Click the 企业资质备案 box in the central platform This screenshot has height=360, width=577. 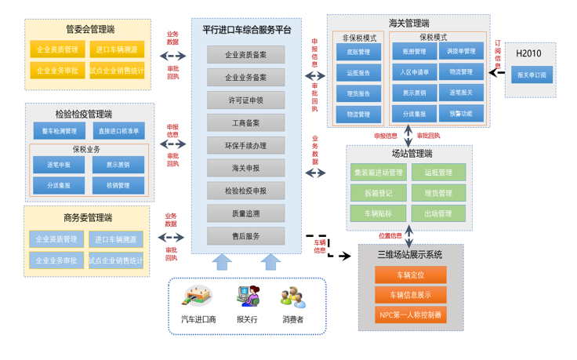pyautogui.click(x=246, y=55)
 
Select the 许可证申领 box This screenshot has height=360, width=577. pyautogui.click(x=246, y=100)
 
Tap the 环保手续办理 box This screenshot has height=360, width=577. pyautogui.click(x=246, y=145)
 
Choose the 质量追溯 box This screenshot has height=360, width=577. pyautogui.click(x=246, y=213)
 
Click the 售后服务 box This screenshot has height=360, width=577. pyautogui.click(x=246, y=236)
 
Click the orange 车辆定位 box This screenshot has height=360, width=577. pyautogui.click(x=410, y=275)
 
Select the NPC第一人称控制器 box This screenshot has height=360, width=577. pyautogui.click(x=410, y=315)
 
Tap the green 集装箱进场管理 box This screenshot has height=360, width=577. pyautogui.click(x=379, y=173)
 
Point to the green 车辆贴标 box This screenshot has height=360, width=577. pyautogui.click(x=379, y=213)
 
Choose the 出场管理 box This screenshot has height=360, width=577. pyautogui.click(x=438, y=213)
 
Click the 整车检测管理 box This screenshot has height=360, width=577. pyautogui.click(x=59, y=131)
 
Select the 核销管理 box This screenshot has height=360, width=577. pyautogui.click(x=118, y=186)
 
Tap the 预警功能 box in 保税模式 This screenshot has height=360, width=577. pyautogui.click(x=461, y=114)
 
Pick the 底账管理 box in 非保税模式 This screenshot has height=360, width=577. pyautogui.click(x=358, y=53)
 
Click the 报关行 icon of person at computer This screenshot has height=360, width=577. pyautogui.click(x=247, y=296)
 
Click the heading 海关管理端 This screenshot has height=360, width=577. pyautogui.click(x=408, y=23)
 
